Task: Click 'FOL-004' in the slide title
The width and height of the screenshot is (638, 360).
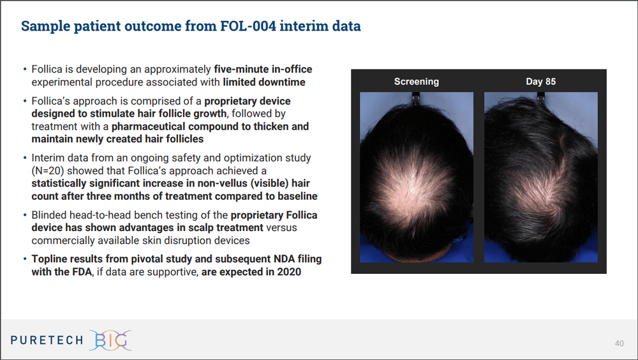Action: (260, 26)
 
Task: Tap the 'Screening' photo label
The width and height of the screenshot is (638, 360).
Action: (416, 82)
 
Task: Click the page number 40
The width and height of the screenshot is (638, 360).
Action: (619, 343)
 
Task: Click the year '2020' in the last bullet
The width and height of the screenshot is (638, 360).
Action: (287, 272)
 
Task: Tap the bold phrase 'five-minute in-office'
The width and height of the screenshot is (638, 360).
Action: (263, 69)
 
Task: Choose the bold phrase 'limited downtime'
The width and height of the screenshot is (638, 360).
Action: (264, 82)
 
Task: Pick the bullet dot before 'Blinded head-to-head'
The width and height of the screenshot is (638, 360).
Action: (25, 215)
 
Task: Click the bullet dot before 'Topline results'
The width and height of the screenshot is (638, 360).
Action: (25, 259)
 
